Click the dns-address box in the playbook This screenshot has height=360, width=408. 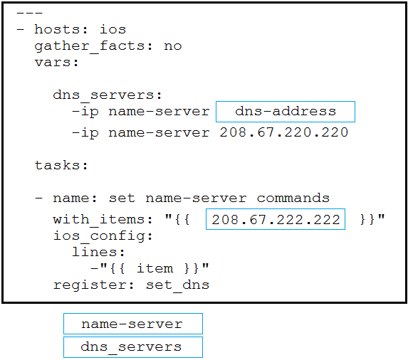(x=286, y=112)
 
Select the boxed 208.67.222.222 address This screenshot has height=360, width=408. (x=276, y=219)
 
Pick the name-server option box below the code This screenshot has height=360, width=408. (x=133, y=324)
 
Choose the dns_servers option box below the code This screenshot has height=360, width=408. (x=133, y=347)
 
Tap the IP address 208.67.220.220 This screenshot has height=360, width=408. (x=284, y=132)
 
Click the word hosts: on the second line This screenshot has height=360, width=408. (x=61, y=29)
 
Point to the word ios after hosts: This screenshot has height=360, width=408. (x=113, y=29)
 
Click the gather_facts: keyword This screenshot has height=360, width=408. (x=94, y=46)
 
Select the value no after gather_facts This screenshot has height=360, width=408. (x=173, y=46)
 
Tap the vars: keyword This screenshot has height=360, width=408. (x=57, y=63)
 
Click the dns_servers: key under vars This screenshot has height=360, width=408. (x=108, y=95)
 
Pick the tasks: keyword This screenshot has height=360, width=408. (x=61, y=165)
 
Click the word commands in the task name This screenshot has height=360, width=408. (x=293, y=198)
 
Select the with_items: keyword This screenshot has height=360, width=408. (x=103, y=220)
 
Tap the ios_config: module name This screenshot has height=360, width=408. (x=103, y=236)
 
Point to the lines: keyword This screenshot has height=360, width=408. (x=98, y=252)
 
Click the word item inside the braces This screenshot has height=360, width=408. (x=155, y=268)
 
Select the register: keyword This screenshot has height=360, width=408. (x=94, y=285)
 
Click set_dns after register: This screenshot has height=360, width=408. (x=177, y=285)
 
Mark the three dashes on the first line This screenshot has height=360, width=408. (x=29, y=13)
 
